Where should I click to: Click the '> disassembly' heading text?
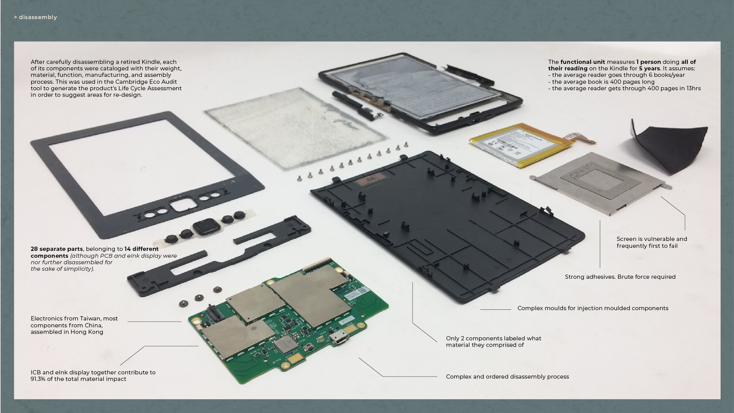35,17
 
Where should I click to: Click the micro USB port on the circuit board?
339,338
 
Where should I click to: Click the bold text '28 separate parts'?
57,249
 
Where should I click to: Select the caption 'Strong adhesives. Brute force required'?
620,277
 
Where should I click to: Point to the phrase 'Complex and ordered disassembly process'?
507,377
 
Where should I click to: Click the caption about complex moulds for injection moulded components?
593,308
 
